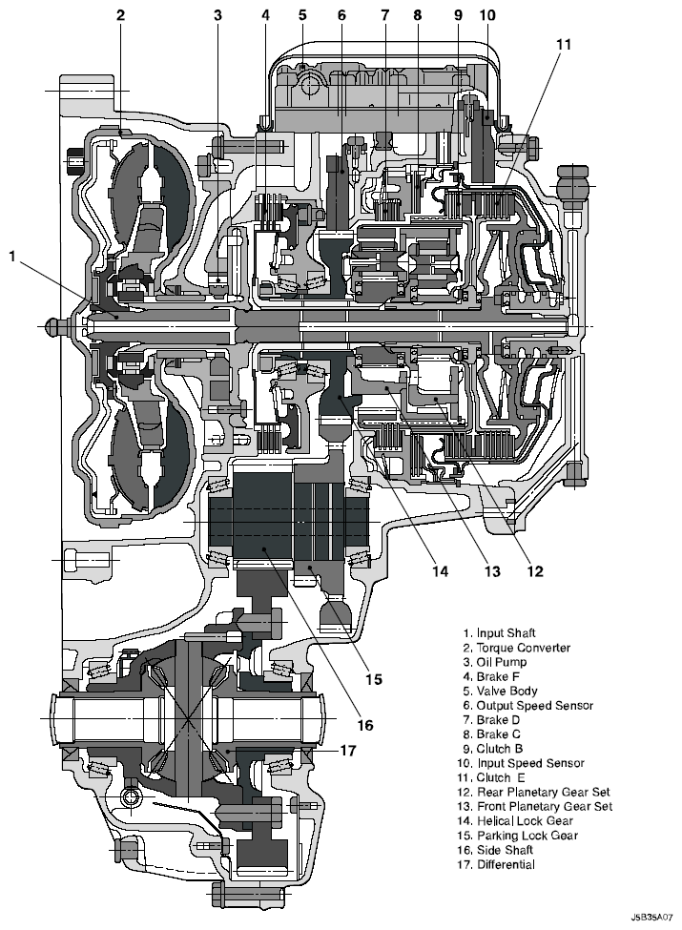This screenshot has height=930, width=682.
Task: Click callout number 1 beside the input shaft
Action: tap(12, 256)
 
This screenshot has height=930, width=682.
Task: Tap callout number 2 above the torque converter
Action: tap(120, 15)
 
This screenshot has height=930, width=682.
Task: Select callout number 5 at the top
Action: tap(302, 15)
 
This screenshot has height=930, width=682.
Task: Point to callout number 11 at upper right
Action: tap(565, 45)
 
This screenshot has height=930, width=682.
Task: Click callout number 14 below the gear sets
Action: tap(440, 572)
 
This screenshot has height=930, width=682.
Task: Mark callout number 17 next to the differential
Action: tap(348, 751)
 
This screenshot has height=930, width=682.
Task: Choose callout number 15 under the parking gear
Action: tap(374, 679)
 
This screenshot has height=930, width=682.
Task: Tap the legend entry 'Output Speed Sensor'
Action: tap(527, 705)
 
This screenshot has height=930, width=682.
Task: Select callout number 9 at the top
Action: tap(458, 15)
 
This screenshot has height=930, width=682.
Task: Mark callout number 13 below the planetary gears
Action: tap(491, 572)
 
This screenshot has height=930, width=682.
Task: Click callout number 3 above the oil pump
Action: tap(218, 15)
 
